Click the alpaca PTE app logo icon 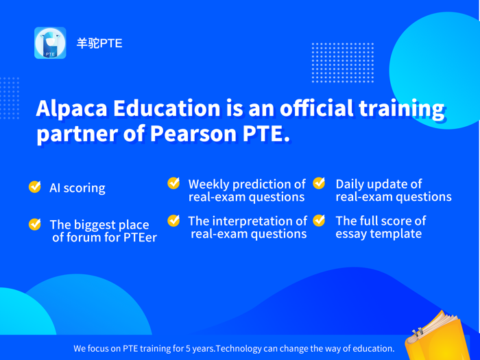tap(50, 43)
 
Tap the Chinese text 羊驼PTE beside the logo tap(99, 43)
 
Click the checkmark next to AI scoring tap(35, 187)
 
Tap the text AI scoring tap(77, 188)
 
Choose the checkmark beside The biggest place tap(35, 224)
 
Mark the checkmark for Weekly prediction tap(174, 183)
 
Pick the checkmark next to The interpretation tap(174, 220)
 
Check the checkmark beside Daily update tap(319, 183)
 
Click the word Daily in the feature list tap(351, 184)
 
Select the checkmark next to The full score tap(319, 220)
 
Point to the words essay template tap(379, 234)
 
